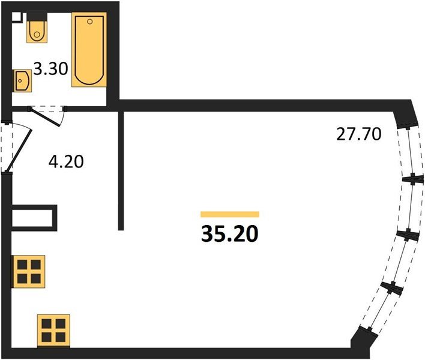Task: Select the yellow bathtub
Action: pos(89,51)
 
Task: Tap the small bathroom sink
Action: pos(23,80)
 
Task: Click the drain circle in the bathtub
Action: pos(89,23)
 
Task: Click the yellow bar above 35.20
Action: pos(230,214)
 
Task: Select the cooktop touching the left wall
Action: pos(29,271)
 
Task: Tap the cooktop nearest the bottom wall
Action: pos(53,329)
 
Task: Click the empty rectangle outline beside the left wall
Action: pos(34,217)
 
